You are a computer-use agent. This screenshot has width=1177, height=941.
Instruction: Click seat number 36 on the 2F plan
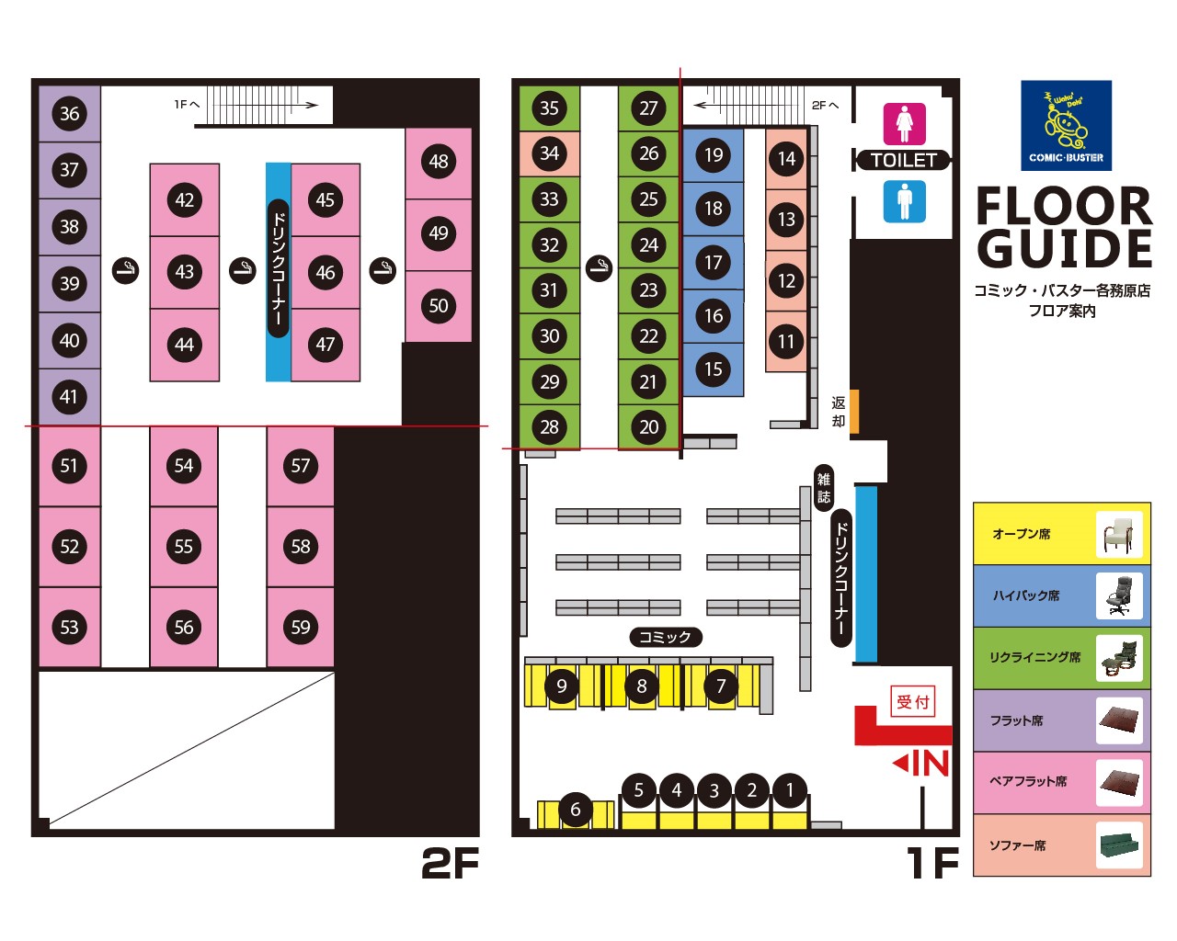(70, 114)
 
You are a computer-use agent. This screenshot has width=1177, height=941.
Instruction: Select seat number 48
(439, 162)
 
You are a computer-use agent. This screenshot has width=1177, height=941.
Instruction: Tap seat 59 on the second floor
(301, 627)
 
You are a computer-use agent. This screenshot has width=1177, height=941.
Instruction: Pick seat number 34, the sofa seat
(549, 153)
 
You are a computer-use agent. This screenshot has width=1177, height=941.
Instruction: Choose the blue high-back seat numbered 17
(714, 263)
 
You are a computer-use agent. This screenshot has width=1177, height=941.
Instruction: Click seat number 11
(786, 342)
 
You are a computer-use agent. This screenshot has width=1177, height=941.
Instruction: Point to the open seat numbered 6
(576, 810)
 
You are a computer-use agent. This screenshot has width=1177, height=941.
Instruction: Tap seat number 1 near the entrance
(789, 790)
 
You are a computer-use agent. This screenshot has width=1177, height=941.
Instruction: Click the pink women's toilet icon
(905, 124)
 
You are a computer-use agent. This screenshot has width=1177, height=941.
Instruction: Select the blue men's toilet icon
(905, 202)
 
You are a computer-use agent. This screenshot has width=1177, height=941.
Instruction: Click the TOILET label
(903, 160)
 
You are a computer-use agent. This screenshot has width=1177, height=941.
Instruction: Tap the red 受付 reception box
(913, 701)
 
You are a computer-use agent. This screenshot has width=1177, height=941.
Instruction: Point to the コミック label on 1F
(666, 637)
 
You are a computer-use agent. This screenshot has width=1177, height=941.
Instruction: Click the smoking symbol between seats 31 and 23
(599, 268)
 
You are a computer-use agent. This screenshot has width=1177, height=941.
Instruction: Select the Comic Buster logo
(1066, 126)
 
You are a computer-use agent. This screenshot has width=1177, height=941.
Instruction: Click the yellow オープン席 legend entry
(1061, 534)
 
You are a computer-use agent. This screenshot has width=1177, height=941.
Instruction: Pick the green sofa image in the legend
(1119, 845)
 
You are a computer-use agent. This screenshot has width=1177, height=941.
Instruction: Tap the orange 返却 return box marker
(853, 411)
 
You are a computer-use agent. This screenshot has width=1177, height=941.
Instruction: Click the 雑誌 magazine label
(824, 488)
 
